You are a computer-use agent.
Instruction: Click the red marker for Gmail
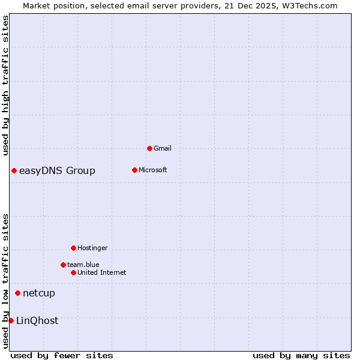149,148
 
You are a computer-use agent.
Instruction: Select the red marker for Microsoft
134,170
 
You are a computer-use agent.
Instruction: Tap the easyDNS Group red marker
14,170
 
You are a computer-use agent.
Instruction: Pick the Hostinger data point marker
73,248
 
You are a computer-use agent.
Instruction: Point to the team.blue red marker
63,265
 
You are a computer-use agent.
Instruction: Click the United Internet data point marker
73,272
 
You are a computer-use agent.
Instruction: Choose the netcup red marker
17,293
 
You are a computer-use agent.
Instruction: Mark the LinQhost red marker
11,320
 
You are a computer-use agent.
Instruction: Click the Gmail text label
163,148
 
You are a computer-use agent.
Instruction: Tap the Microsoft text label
152,170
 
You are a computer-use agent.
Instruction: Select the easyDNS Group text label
57,170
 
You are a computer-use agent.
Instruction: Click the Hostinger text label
92,248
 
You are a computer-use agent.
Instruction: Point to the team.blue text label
83,265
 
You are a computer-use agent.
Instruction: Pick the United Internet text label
101,272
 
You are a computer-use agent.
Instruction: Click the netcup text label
39,293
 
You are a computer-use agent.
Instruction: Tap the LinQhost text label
37,320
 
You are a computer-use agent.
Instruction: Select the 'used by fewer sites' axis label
62,355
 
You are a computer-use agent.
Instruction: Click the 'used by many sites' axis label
301,355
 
